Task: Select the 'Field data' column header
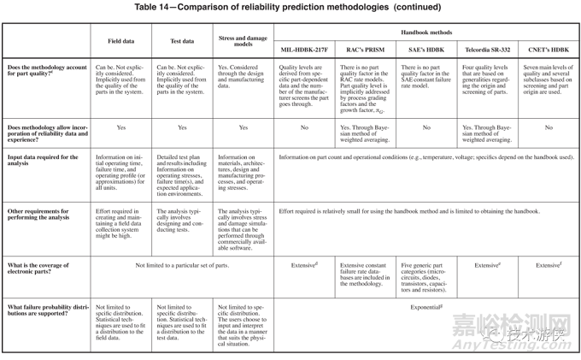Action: [120, 40]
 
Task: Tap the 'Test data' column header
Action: [182, 40]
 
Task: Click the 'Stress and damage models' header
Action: [243, 40]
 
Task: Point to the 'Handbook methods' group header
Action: [426, 32]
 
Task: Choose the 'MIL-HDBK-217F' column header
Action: [304, 50]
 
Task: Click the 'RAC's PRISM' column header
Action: [365, 50]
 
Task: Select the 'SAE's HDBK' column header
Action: [426, 50]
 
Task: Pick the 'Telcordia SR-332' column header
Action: [487, 50]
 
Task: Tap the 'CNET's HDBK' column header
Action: [548, 50]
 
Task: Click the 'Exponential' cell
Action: [425, 306]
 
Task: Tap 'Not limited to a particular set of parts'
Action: [182, 265]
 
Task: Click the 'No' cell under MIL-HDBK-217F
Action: [304, 127]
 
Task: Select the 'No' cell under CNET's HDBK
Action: [548, 127]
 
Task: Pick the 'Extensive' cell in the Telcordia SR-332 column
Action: [487, 265]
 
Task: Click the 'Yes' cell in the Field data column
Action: [120, 127]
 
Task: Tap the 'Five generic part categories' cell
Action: [426, 277]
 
